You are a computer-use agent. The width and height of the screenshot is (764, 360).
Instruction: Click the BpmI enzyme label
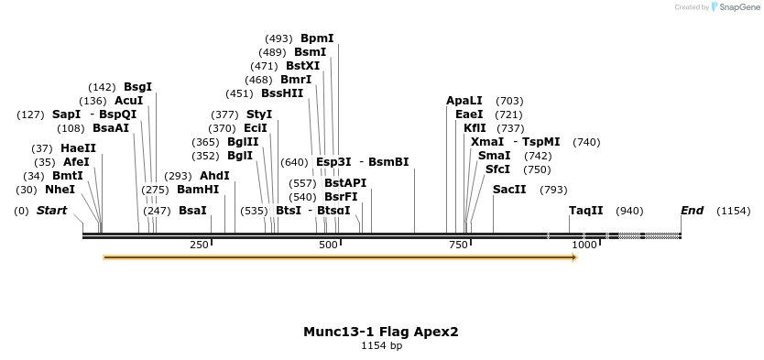click(317, 38)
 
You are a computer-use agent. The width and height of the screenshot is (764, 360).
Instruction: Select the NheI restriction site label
click(60, 190)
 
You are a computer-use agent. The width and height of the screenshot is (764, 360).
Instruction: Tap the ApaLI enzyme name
click(464, 101)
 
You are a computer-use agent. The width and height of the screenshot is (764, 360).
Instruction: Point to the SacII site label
click(509, 190)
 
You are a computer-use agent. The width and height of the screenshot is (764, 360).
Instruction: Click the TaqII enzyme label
click(586, 211)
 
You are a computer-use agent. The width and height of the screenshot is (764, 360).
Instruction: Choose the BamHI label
click(198, 190)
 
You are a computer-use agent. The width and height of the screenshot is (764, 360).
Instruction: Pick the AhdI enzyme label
click(214, 176)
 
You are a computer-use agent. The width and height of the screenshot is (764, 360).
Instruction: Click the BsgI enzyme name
click(138, 87)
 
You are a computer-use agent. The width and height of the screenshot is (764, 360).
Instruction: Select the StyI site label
click(259, 115)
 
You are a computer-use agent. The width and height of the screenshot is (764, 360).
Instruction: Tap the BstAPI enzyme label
click(345, 183)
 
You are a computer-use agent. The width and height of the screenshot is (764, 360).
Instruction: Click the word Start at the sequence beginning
click(51, 211)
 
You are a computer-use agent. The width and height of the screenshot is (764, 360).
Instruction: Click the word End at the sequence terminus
click(692, 211)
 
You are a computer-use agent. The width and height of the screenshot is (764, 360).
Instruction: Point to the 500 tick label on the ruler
click(328, 245)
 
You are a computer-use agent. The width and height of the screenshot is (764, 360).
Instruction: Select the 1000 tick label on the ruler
click(584, 245)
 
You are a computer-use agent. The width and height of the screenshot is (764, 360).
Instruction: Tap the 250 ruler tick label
click(199, 245)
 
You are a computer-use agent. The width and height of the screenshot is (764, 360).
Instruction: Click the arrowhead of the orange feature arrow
click(573, 257)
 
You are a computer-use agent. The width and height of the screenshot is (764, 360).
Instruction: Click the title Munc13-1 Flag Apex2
click(381, 332)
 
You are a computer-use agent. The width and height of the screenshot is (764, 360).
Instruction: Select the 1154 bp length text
click(381, 346)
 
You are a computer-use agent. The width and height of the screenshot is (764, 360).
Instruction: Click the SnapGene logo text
click(741, 7)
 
